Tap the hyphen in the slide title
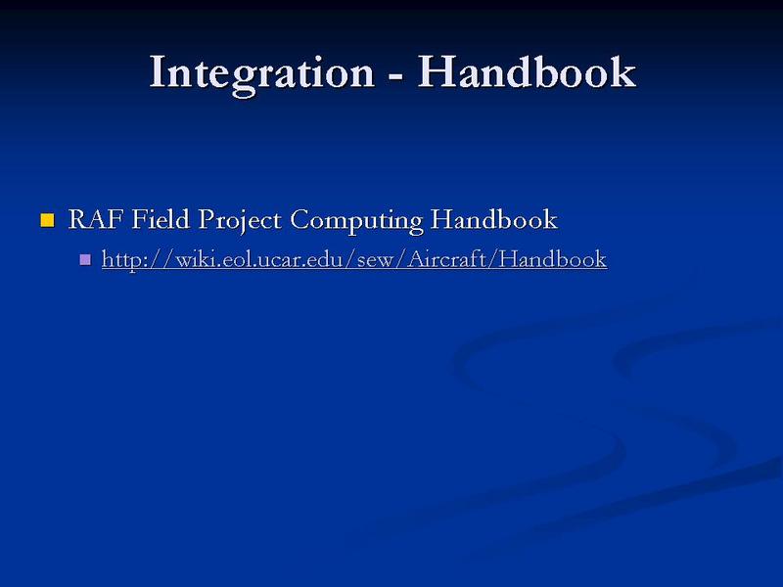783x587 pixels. point(395,77)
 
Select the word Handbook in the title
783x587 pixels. point(527,71)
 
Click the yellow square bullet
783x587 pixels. point(47,220)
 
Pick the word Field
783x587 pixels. point(161,219)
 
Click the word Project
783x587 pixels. point(239,222)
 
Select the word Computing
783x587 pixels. point(356,222)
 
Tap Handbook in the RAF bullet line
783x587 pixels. point(493,219)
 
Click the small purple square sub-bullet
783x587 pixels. point(85,259)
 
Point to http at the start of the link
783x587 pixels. point(120,260)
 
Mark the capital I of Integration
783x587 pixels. point(158,71)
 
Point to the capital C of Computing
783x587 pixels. point(299,219)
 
